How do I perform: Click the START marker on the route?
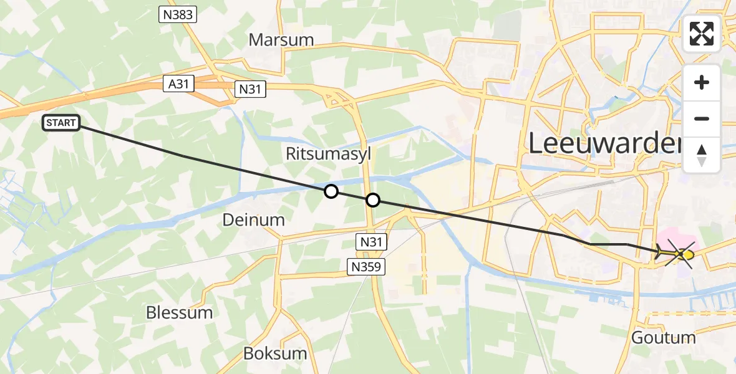[x=61, y=123]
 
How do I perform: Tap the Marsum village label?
[x=281, y=40]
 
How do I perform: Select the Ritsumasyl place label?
[x=327, y=153]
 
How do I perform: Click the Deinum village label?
[x=253, y=219]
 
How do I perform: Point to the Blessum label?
[x=179, y=312]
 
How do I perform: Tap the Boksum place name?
[x=275, y=353]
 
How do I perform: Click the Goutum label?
[x=663, y=338]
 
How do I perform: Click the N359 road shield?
[x=366, y=267]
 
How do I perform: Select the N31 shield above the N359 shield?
[x=372, y=241]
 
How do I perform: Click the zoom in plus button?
[x=702, y=82]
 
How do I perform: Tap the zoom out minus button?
[x=702, y=118]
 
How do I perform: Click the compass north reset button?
[x=702, y=155]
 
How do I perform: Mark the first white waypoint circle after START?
[x=331, y=191]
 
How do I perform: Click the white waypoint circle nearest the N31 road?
[x=372, y=200]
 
